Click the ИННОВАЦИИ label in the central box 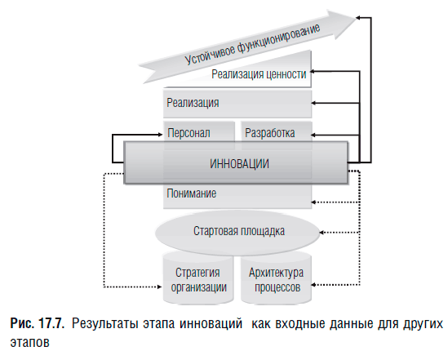coord(239,164)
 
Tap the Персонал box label coord(189,133)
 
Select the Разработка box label coord(270,133)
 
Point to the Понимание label coord(192,193)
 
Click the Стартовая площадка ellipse coord(237,232)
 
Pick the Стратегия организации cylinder coord(198,278)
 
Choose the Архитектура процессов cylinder coord(276,278)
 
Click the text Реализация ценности coord(259,74)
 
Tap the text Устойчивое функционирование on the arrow coord(252,43)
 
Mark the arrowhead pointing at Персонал coord(160,134)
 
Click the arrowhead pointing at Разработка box coord(313,135)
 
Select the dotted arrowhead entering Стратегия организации coord(160,287)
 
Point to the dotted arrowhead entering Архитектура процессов coord(313,285)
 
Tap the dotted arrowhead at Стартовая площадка coord(322,233)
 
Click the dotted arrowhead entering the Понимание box coord(313,202)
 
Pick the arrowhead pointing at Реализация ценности coord(313,72)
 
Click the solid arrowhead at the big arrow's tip coord(357,18)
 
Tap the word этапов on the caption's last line coord(29,342)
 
